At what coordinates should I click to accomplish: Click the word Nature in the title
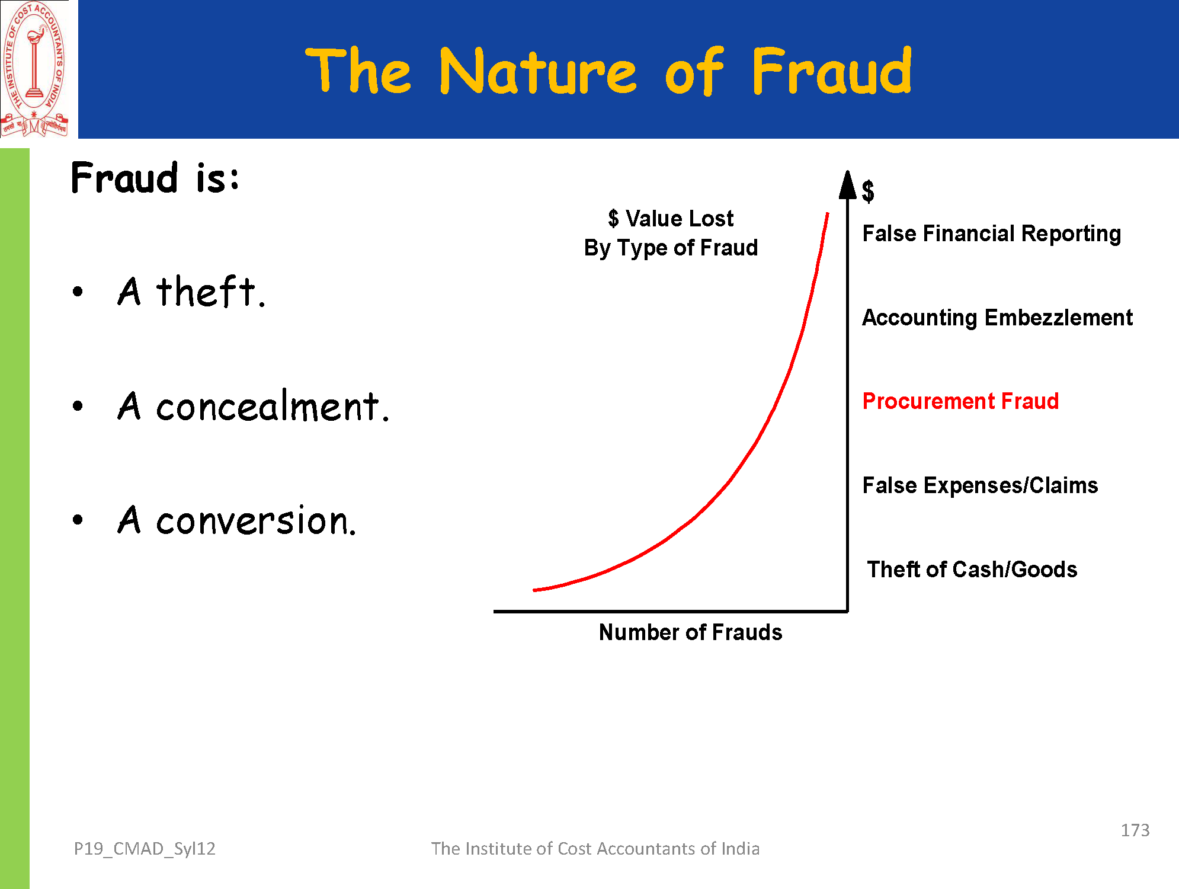coord(538,72)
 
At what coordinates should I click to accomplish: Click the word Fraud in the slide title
coord(832,71)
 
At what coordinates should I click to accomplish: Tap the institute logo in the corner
coord(35,69)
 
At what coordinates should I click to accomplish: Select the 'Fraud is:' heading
coord(155,177)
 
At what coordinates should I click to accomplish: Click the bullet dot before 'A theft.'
coord(78,292)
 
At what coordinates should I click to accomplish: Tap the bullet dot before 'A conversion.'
coord(78,520)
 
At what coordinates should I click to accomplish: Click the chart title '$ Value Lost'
coord(671,219)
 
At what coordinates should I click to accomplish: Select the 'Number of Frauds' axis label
coord(690,632)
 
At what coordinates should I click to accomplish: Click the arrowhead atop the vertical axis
coord(848,185)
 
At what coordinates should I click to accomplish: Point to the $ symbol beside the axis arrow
coord(868,191)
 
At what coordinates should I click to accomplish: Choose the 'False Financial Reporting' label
coord(992,234)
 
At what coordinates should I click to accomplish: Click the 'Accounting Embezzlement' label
coord(998,318)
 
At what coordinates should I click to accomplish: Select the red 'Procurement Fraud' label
coord(960,401)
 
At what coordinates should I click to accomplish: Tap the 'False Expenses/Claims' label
coord(980,485)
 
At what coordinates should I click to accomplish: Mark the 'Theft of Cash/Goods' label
coord(972,570)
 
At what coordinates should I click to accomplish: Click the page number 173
coord(1135,830)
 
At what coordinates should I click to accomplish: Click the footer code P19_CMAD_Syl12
coord(145,849)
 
